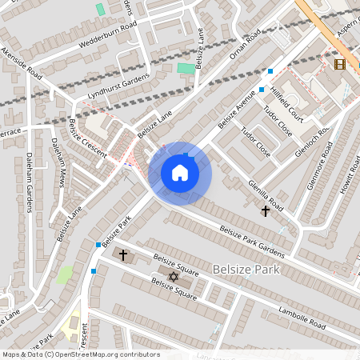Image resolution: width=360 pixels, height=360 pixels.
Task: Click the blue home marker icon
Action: pos(180,173)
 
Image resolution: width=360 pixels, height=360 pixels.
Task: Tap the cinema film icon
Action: pos(340,64)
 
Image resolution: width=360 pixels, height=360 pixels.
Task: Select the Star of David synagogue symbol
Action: pos(172,277)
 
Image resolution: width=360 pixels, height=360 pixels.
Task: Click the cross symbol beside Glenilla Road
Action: pos(266,211)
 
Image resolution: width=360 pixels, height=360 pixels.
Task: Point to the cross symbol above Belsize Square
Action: pos(122,255)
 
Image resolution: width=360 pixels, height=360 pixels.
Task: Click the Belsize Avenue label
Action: pos(238,112)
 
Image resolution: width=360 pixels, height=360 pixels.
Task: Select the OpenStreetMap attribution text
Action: pos(81,354)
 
